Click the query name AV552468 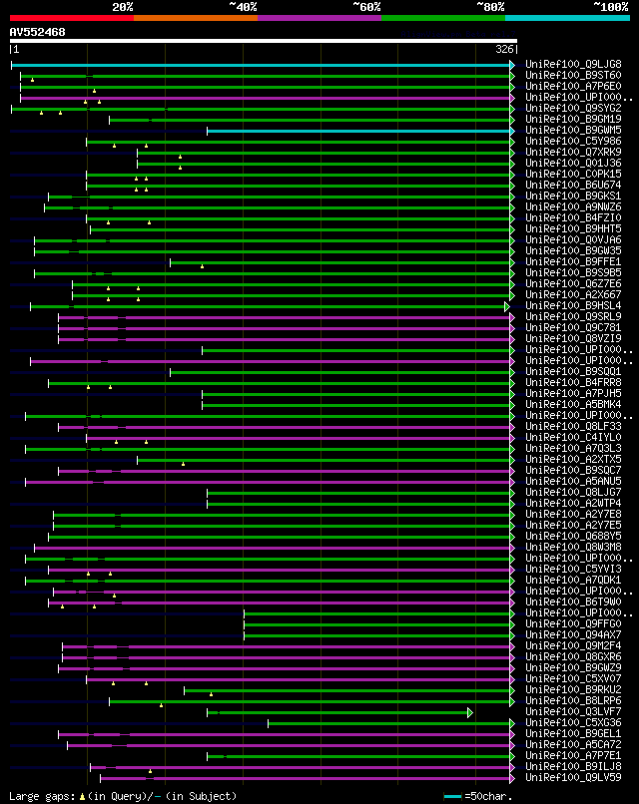point(38,32)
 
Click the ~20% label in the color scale point(123,6)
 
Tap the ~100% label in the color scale point(610,6)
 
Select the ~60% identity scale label point(366,6)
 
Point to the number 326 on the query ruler point(504,48)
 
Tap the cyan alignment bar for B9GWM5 point(359,131)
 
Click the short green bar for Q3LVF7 point(339,712)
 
